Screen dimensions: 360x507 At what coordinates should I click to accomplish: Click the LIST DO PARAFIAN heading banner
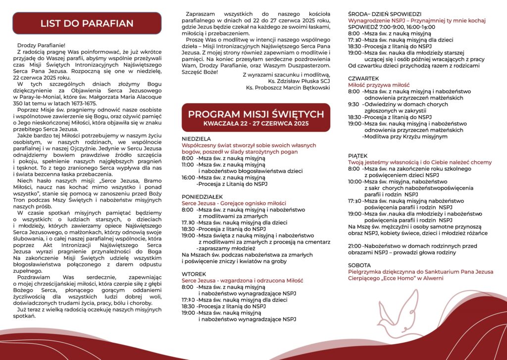pyautogui.click(x=87, y=23)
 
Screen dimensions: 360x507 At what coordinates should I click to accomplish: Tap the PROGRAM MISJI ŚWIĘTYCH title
pyautogui.click(x=256, y=114)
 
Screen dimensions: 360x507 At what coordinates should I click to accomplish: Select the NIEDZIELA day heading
pyautogui.click(x=197, y=139)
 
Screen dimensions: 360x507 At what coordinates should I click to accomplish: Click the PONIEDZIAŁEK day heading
pyautogui.click(x=202, y=196)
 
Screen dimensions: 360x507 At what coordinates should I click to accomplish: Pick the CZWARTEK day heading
pyautogui.click(x=363, y=78)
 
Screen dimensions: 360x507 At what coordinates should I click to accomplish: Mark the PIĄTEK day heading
pyautogui.click(x=358, y=155)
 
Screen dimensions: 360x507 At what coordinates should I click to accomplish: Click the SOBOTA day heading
pyautogui.click(x=359, y=265)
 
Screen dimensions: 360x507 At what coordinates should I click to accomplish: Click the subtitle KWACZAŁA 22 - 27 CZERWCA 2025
pyautogui.click(x=256, y=123)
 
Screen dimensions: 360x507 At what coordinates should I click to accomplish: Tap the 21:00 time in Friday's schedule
pyautogui.click(x=355, y=246)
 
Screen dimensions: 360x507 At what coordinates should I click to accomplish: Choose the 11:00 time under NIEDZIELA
pyautogui.click(x=188, y=164)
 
